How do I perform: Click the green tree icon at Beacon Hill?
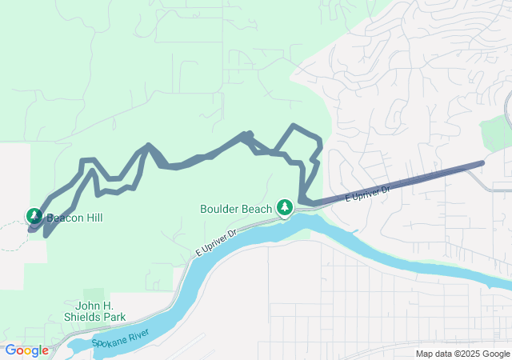coord(34,215)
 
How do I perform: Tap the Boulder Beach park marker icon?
coord(284,207)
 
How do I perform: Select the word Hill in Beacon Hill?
coord(93,218)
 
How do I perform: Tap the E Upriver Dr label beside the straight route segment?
coord(367,194)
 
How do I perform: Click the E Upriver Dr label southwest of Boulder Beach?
coord(217,244)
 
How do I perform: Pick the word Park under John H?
coord(114,317)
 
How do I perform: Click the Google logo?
coord(26,350)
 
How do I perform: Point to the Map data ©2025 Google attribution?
coord(462,354)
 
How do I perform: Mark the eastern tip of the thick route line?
coord(482,163)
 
